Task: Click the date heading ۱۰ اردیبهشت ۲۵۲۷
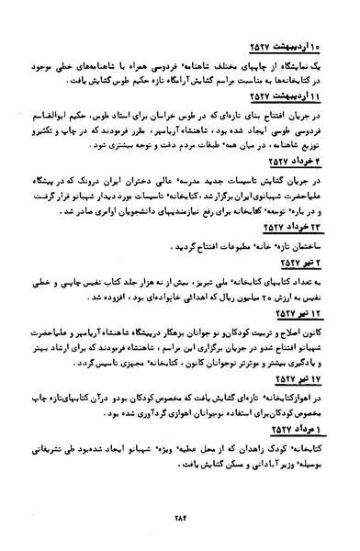284,48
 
